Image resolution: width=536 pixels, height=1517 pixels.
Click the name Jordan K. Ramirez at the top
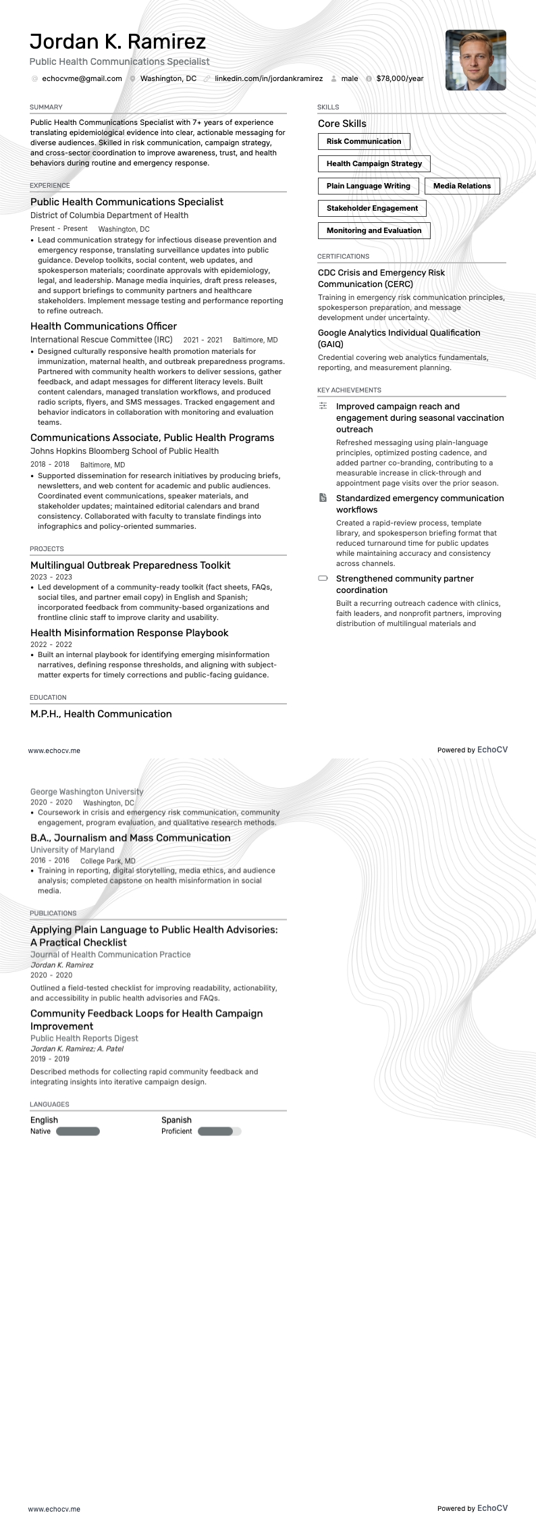117,42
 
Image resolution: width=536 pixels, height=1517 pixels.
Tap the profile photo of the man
475,60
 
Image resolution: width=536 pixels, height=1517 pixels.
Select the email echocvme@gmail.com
82,78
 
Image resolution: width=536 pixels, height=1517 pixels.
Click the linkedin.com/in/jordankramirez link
268,78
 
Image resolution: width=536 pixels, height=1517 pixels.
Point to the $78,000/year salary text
400,78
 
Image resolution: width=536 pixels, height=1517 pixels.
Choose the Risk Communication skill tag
364,141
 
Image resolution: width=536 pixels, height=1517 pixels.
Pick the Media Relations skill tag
462,186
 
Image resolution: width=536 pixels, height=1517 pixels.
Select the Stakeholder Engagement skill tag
372,208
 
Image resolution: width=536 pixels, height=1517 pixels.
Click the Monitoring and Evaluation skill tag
373,230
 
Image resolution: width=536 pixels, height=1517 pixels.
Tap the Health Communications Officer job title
103,326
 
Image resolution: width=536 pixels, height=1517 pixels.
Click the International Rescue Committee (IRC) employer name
101,340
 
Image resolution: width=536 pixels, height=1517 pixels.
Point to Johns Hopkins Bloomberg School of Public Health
124,451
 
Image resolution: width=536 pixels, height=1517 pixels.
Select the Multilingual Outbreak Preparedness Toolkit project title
130,565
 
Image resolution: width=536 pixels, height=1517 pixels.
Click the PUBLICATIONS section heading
53,912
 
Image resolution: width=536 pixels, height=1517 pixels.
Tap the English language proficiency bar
78,1131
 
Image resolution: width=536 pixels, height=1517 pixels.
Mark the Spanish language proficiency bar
219,1131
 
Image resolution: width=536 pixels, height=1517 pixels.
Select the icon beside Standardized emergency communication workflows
323,498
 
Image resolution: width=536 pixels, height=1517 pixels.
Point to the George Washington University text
86,792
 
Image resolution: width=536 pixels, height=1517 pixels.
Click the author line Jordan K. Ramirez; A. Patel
77,1048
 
